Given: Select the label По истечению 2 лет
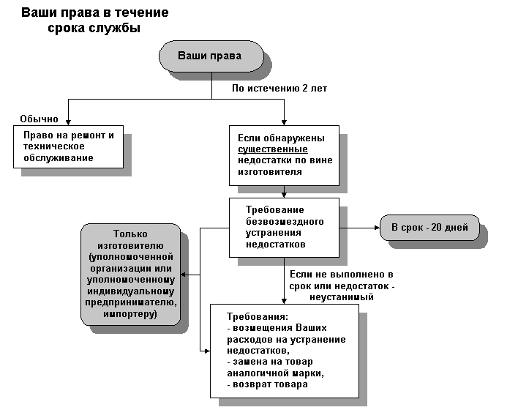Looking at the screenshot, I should point(279,89).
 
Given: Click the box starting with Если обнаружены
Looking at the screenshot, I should point(284,154).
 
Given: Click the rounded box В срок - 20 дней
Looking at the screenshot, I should point(428,227).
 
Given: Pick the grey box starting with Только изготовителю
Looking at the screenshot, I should point(131,274).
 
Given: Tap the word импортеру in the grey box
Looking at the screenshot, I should point(131,315).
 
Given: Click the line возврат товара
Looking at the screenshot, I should point(268,384).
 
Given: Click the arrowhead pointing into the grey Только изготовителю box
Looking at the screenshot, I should point(184,275).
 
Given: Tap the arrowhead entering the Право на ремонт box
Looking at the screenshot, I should point(68,122).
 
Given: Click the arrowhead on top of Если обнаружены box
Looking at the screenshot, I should point(284,122).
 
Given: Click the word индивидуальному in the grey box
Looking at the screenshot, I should point(131,291).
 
